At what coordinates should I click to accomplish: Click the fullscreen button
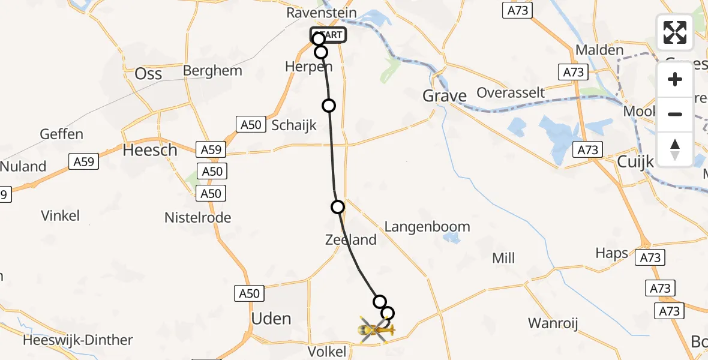[x=675, y=32]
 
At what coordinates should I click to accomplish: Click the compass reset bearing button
[x=675, y=149]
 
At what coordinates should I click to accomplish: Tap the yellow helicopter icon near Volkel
[x=376, y=329]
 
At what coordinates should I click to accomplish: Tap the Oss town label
[x=148, y=73]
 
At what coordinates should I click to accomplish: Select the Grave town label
[x=445, y=95]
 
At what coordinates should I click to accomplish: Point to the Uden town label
[x=272, y=319]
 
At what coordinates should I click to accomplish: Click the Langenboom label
[x=427, y=227]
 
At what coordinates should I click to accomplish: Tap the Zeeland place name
[x=350, y=240]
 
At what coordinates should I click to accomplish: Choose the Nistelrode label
[x=198, y=218]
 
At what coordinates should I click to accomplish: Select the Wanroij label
[x=553, y=324]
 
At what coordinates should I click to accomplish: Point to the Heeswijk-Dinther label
[x=78, y=340]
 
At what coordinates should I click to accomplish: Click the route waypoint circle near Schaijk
[x=329, y=106]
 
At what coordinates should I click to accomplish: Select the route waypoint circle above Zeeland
[x=338, y=207]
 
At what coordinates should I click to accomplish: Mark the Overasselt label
[x=511, y=92]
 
